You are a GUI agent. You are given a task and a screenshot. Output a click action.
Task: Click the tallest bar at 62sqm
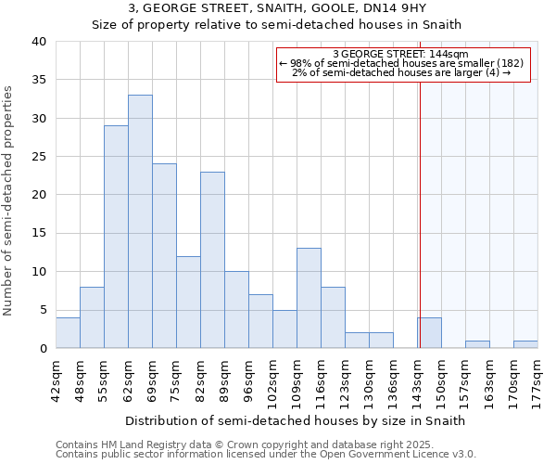pos(140,222)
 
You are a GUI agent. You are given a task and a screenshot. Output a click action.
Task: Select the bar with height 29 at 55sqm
pos(116,237)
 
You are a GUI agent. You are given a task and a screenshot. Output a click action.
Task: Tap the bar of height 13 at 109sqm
pos(309,298)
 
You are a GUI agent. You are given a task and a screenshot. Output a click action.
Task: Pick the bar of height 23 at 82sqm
pos(212,260)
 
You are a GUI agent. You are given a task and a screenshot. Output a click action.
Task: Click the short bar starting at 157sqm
pos(477,344)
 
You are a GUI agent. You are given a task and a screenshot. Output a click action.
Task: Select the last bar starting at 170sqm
pos(525,344)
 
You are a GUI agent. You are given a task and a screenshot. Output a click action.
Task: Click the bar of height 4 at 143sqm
pos(429,333)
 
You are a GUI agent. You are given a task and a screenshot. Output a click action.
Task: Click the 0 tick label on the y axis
pos(42,349)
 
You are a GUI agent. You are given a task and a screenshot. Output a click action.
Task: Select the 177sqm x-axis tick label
pos(537,379)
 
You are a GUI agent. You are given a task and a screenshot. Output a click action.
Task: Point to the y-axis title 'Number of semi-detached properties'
pos(9,200)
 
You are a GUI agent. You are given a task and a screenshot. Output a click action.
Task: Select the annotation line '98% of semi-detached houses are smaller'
pos(401,63)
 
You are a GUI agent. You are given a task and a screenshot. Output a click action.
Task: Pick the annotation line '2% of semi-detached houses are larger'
pos(401,72)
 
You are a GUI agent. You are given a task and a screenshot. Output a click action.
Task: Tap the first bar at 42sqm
pos(68,333)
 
